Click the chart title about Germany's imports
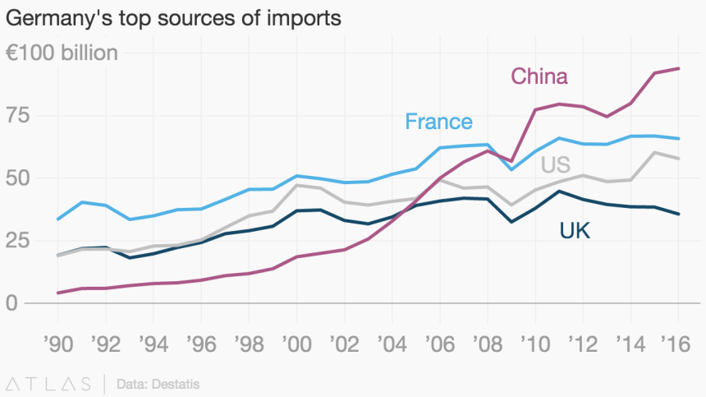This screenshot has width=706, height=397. click(x=173, y=17)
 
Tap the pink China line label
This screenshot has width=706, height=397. click(x=539, y=76)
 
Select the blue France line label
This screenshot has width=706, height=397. click(x=438, y=122)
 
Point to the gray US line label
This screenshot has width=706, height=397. click(x=556, y=164)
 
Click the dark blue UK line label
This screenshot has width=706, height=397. click(x=575, y=231)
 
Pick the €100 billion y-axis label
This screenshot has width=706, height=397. click(x=62, y=53)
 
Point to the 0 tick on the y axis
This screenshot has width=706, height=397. click(x=11, y=303)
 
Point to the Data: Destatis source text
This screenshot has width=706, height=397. click(x=158, y=383)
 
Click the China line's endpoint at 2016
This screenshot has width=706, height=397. click(x=679, y=68)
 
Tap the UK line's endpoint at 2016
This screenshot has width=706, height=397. click(x=679, y=214)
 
